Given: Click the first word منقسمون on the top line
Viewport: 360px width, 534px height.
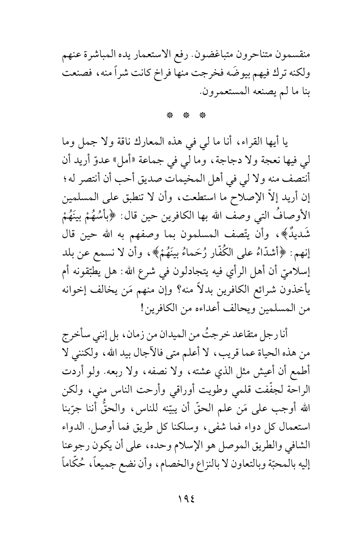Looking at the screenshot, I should (286, 56).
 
